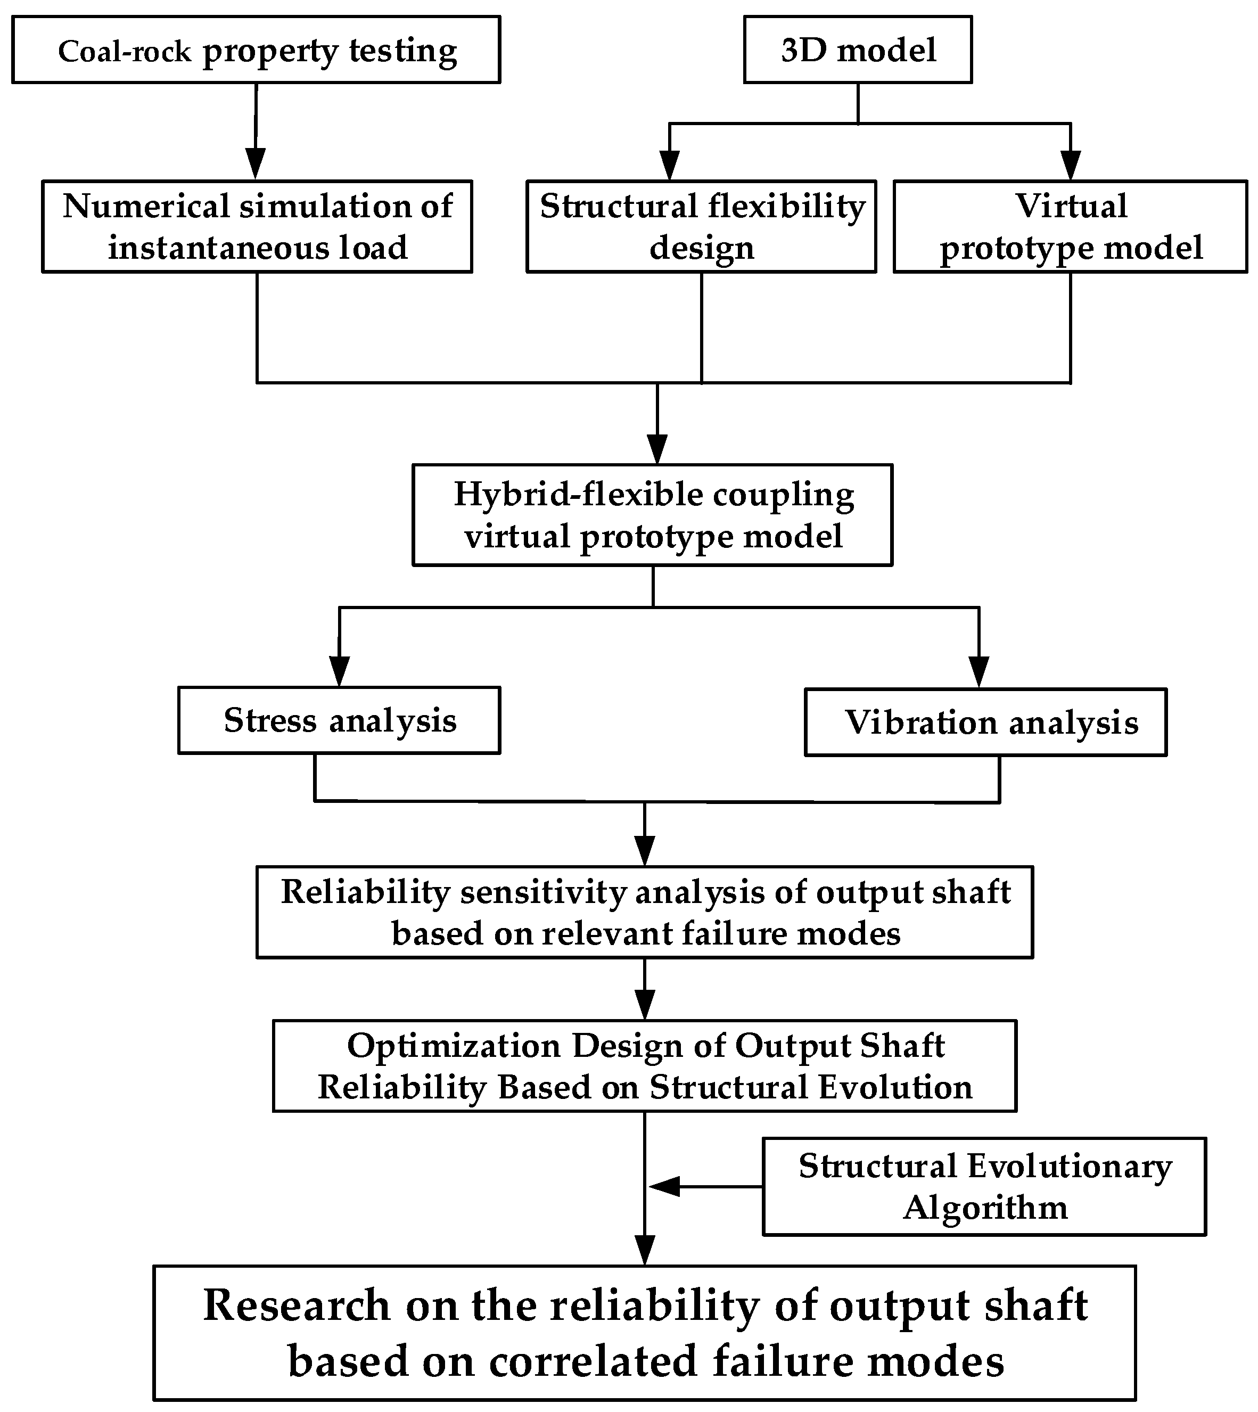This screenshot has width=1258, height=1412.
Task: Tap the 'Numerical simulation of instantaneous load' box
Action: tap(257, 227)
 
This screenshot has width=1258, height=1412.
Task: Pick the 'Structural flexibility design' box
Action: tap(701, 227)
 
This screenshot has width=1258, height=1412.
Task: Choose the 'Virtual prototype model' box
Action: tap(1070, 227)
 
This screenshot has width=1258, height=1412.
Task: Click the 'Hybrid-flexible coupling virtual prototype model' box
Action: tap(653, 515)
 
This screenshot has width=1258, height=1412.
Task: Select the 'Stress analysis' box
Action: tap(339, 720)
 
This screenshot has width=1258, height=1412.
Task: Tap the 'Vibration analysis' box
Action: tap(985, 723)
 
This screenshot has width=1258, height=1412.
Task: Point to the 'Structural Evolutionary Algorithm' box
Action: tap(984, 1187)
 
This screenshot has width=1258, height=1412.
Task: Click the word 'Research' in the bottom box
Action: tap(297, 1306)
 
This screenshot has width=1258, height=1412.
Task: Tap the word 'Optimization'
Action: tap(454, 1046)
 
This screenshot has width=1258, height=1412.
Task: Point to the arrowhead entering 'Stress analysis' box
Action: tap(339, 672)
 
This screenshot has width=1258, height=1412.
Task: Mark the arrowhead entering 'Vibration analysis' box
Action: tap(979, 672)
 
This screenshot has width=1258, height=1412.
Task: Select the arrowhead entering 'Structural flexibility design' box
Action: tap(669, 166)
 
